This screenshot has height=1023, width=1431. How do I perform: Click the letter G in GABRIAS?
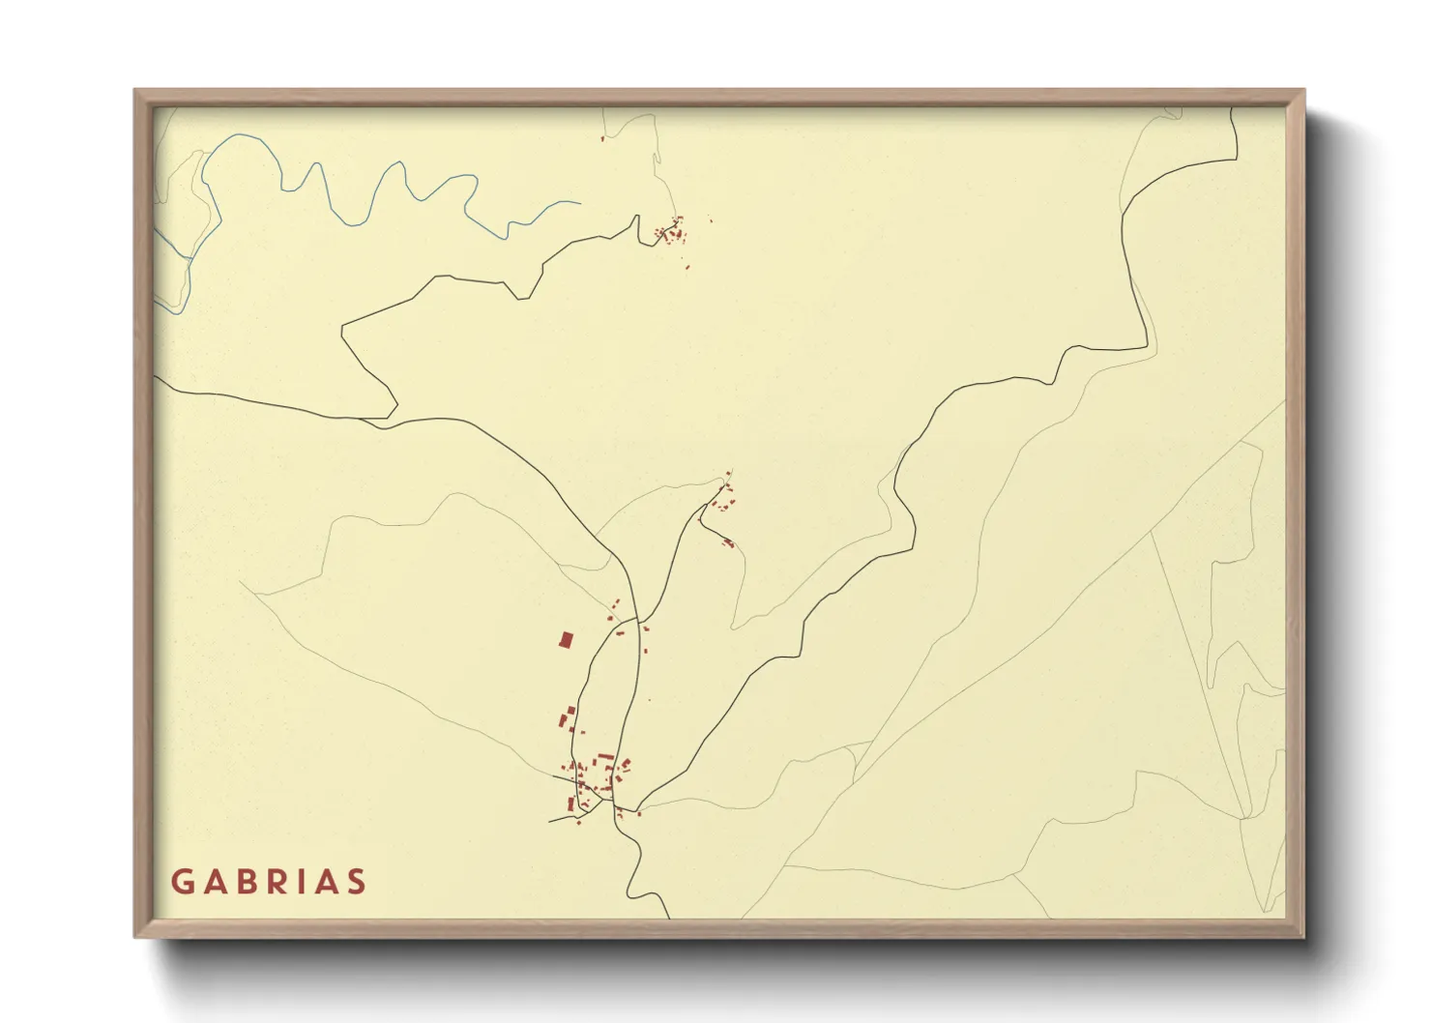(x=182, y=882)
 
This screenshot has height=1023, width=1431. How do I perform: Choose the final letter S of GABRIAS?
(x=358, y=882)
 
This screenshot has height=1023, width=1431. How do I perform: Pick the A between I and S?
(x=329, y=882)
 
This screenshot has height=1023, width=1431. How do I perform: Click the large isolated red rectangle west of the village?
(x=566, y=639)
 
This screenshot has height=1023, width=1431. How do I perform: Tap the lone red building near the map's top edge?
(x=602, y=139)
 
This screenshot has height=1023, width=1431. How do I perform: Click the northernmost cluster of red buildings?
(x=672, y=230)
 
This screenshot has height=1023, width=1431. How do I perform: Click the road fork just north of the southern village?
(x=635, y=618)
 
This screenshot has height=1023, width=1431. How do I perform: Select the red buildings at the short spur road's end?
(x=728, y=542)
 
